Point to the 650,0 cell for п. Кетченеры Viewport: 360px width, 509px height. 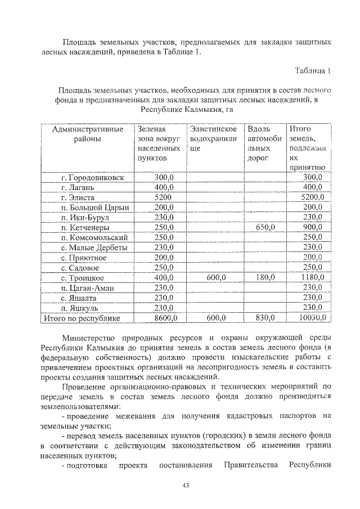tap(264, 228)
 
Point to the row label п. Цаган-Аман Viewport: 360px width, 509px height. tap(87, 288)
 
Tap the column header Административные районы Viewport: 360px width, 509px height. tap(87, 134)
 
